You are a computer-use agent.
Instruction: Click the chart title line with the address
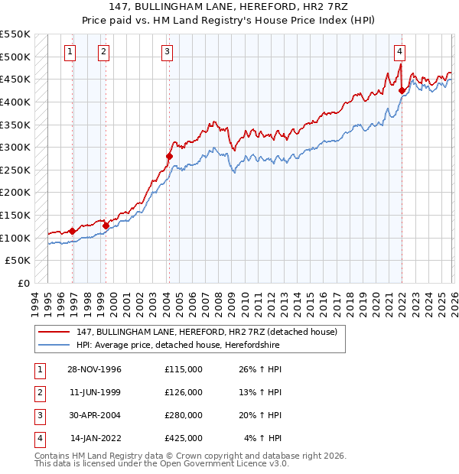coord(229,8)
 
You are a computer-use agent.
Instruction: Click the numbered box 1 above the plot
coord(70,52)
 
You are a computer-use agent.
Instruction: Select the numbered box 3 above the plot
coord(167,52)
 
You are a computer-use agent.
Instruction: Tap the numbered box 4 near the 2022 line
coord(399,52)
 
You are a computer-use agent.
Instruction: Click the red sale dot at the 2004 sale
coord(169,156)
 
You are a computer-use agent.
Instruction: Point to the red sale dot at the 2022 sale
coord(402,90)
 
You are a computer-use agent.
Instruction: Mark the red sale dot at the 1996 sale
coord(73,231)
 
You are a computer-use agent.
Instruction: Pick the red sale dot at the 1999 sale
coord(106,226)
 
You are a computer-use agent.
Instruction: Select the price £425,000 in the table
coord(183,438)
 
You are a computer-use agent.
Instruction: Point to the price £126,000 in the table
coord(183,392)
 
